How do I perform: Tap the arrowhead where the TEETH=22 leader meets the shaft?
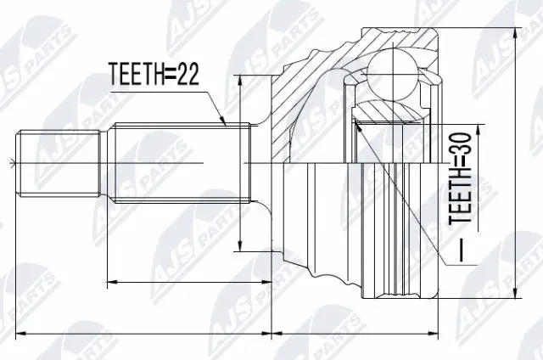226,124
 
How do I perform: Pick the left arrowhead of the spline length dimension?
109,281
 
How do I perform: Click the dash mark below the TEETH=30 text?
458,253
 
